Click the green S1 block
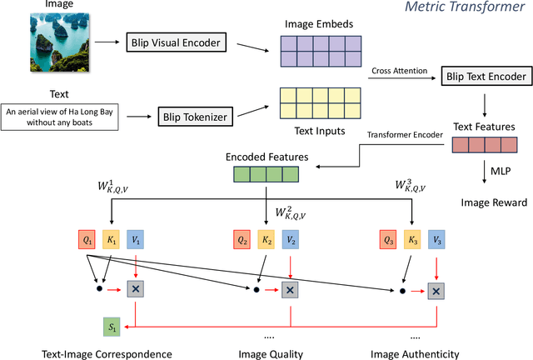pyautogui.click(x=112, y=325)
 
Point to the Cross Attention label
pyautogui.click(x=399, y=70)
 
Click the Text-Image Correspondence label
pyautogui.click(x=107, y=353)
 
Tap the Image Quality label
pyautogui.click(x=269, y=353)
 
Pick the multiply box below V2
pyautogui.click(x=289, y=289)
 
